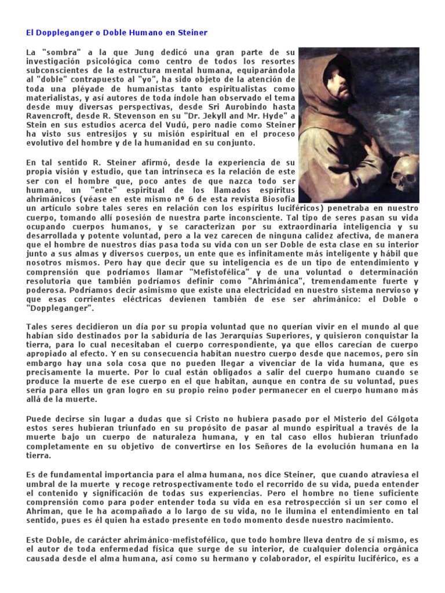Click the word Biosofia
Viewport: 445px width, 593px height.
point(277,198)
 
